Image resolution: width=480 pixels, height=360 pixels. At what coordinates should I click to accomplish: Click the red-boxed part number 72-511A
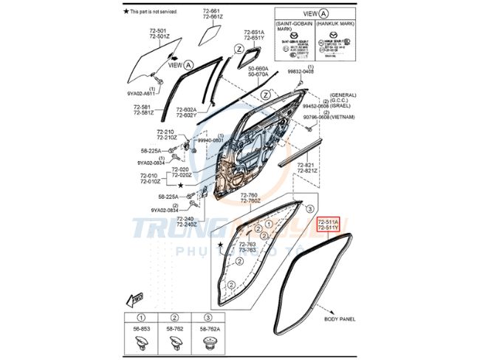[x=328, y=221]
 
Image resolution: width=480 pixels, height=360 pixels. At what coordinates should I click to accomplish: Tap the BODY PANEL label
[x=340, y=319]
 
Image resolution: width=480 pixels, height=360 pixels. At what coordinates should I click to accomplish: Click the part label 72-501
[x=158, y=30]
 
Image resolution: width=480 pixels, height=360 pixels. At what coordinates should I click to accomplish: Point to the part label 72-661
[x=210, y=11]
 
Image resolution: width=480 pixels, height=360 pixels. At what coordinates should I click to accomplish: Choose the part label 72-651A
[x=254, y=32]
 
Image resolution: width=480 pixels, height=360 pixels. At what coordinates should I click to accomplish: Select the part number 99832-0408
[x=301, y=71]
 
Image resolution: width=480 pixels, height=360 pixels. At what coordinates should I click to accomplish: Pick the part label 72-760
[x=250, y=194]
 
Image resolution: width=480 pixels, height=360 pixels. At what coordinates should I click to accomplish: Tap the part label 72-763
[x=247, y=243]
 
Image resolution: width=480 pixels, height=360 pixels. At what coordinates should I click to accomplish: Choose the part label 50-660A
[x=258, y=68]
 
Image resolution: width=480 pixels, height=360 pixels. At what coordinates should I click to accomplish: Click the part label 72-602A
[x=185, y=109]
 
